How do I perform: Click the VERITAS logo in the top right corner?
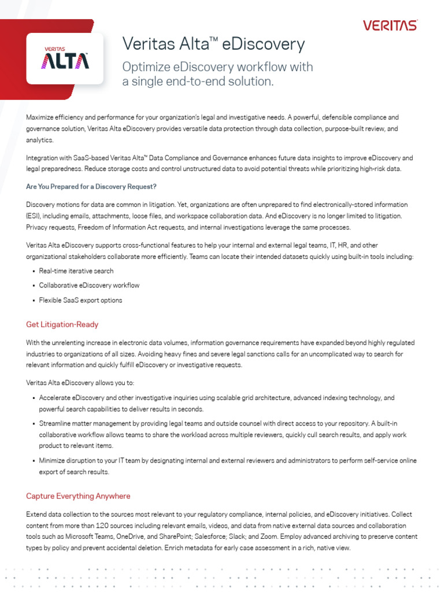point(390,25)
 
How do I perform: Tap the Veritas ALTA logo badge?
point(65,58)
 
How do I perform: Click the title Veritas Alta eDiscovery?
point(213,44)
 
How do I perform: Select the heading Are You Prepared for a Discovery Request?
point(91,186)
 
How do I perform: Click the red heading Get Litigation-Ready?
point(62,324)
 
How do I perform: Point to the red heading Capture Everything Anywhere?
point(78,496)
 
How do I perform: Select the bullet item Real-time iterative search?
point(76,271)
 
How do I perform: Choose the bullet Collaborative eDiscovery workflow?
point(89,286)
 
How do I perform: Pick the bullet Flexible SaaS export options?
point(80,301)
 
